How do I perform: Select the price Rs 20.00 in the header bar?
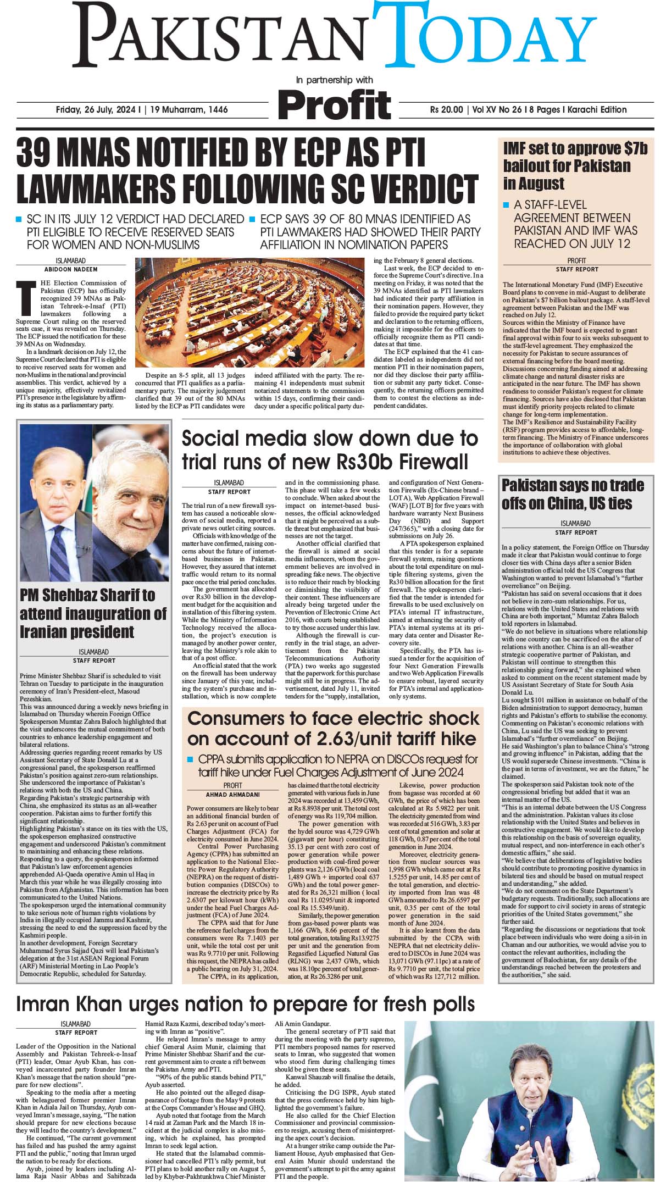coord(446,109)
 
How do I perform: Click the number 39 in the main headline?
coord(39,154)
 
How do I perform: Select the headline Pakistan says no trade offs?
coord(572,494)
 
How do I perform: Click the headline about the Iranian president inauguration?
coord(93,613)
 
